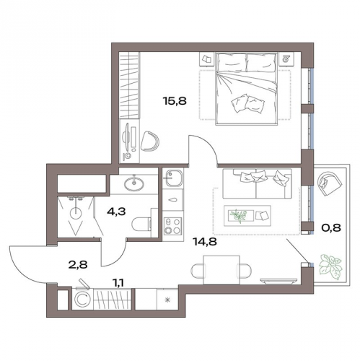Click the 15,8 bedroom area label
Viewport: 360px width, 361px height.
point(175,101)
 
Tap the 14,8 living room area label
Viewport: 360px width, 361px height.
point(205,242)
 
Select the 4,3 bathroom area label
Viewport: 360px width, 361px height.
point(116,212)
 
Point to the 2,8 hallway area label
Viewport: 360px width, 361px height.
point(78,265)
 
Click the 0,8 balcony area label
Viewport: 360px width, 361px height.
point(331,227)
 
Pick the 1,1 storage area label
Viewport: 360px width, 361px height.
point(118,284)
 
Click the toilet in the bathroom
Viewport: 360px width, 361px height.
point(142,224)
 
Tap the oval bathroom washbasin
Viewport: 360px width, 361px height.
point(134,184)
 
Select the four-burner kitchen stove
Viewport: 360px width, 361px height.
point(172,226)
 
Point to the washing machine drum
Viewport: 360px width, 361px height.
point(82,300)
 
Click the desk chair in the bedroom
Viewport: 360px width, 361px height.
point(149,142)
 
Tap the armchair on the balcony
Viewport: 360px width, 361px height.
point(330,183)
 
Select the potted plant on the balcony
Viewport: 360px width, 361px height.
point(330,266)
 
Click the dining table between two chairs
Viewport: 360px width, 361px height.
point(221,270)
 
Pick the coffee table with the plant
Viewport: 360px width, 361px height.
point(247,216)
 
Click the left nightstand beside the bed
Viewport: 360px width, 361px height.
point(206,59)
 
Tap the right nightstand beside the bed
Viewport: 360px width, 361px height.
point(286,58)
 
